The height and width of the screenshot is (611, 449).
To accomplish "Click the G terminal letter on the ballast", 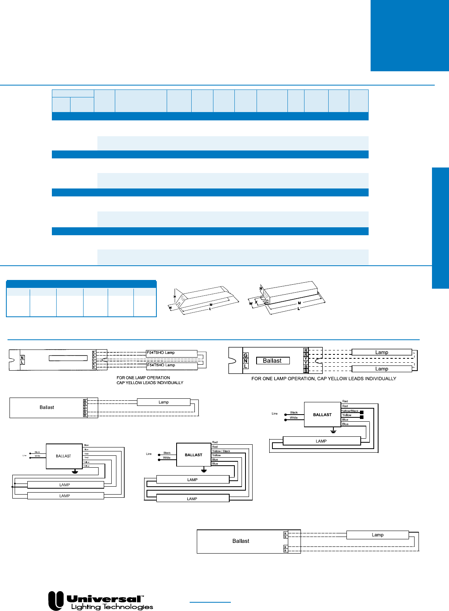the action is pyautogui.click(x=245, y=356).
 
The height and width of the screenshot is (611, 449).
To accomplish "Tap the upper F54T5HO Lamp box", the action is pyautogui.click(x=172, y=353).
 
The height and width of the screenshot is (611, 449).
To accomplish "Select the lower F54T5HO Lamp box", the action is pyautogui.click(x=172, y=365).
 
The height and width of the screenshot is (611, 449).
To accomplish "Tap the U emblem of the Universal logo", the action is pyautogui.click(x=56, y=600).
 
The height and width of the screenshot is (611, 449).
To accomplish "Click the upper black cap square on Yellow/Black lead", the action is pyautogui.click(x=361, y=412).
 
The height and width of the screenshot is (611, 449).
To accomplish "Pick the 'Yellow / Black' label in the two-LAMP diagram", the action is pyautogui.click(x=221, y=451).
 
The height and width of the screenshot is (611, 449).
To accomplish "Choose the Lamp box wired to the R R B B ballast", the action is pyautogui.click(x=377, y=535).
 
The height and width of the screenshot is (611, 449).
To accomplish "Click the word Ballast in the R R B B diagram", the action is pyautogui.click(x=241, y=541).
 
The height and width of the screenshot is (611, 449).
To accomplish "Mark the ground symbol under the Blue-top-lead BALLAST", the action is pyautogui.click(x=74, y=471).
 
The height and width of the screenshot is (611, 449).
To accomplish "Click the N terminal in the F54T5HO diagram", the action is pyautogui.click(x=22, y=358).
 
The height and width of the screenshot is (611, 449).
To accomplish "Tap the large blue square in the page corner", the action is pyautogui.click(x=409, y=36).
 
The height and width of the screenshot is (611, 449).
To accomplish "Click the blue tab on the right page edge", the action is pyautogui.click(x=440, y=228).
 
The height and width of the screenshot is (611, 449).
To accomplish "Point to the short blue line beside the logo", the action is pyautogui.click(x=210, y=602).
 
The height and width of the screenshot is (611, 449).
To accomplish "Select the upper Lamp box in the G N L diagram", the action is pyautogui.click(x=382, y=352).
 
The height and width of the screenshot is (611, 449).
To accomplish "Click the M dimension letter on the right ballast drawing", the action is pyautogui.click(x=299, y=303).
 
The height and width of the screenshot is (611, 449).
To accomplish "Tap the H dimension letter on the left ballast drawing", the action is pyautogui.click(x=175, y=296).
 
